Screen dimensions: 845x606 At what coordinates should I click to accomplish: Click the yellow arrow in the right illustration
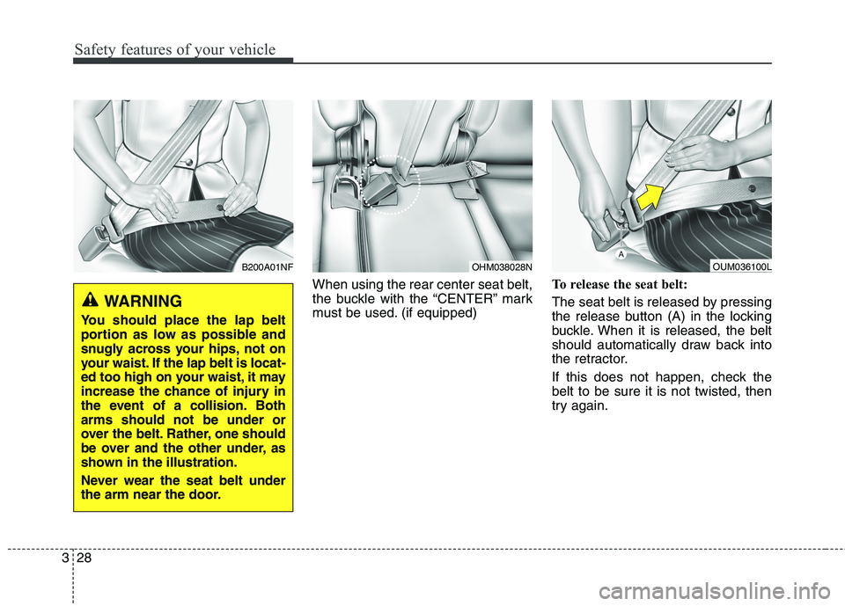pos(650,195)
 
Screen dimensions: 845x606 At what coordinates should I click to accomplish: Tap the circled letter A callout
pos(621,254)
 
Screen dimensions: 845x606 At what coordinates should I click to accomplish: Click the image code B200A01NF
pos(268,267)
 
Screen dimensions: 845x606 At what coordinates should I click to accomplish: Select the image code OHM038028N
pos(502,267)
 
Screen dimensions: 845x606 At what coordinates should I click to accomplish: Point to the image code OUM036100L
pos(742,267)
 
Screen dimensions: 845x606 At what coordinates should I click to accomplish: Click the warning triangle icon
pos(92,299)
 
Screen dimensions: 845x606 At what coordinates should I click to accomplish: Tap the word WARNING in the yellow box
pos(143,301)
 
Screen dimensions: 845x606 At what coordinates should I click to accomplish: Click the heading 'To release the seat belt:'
pos(620,284)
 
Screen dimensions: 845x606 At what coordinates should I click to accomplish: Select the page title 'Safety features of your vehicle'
pos(175,49)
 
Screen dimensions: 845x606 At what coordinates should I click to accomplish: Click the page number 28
pos(84,558)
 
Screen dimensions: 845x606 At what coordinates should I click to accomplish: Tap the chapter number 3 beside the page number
pos(65,558)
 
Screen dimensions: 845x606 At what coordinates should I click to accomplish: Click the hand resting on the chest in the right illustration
pos(694,153)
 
